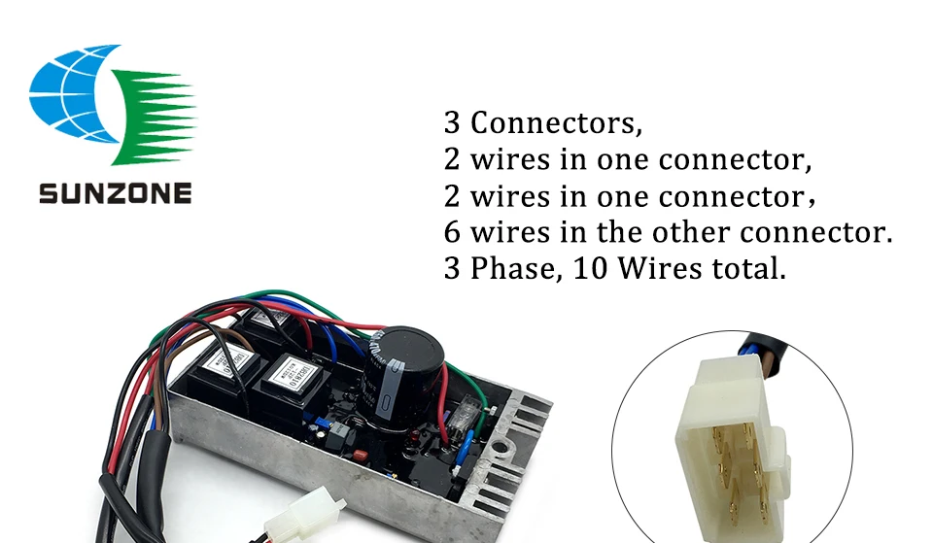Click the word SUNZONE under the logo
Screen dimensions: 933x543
pyautogui.click(x=115, y=193)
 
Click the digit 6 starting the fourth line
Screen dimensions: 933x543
pyautogui.click(x=452, y=233)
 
